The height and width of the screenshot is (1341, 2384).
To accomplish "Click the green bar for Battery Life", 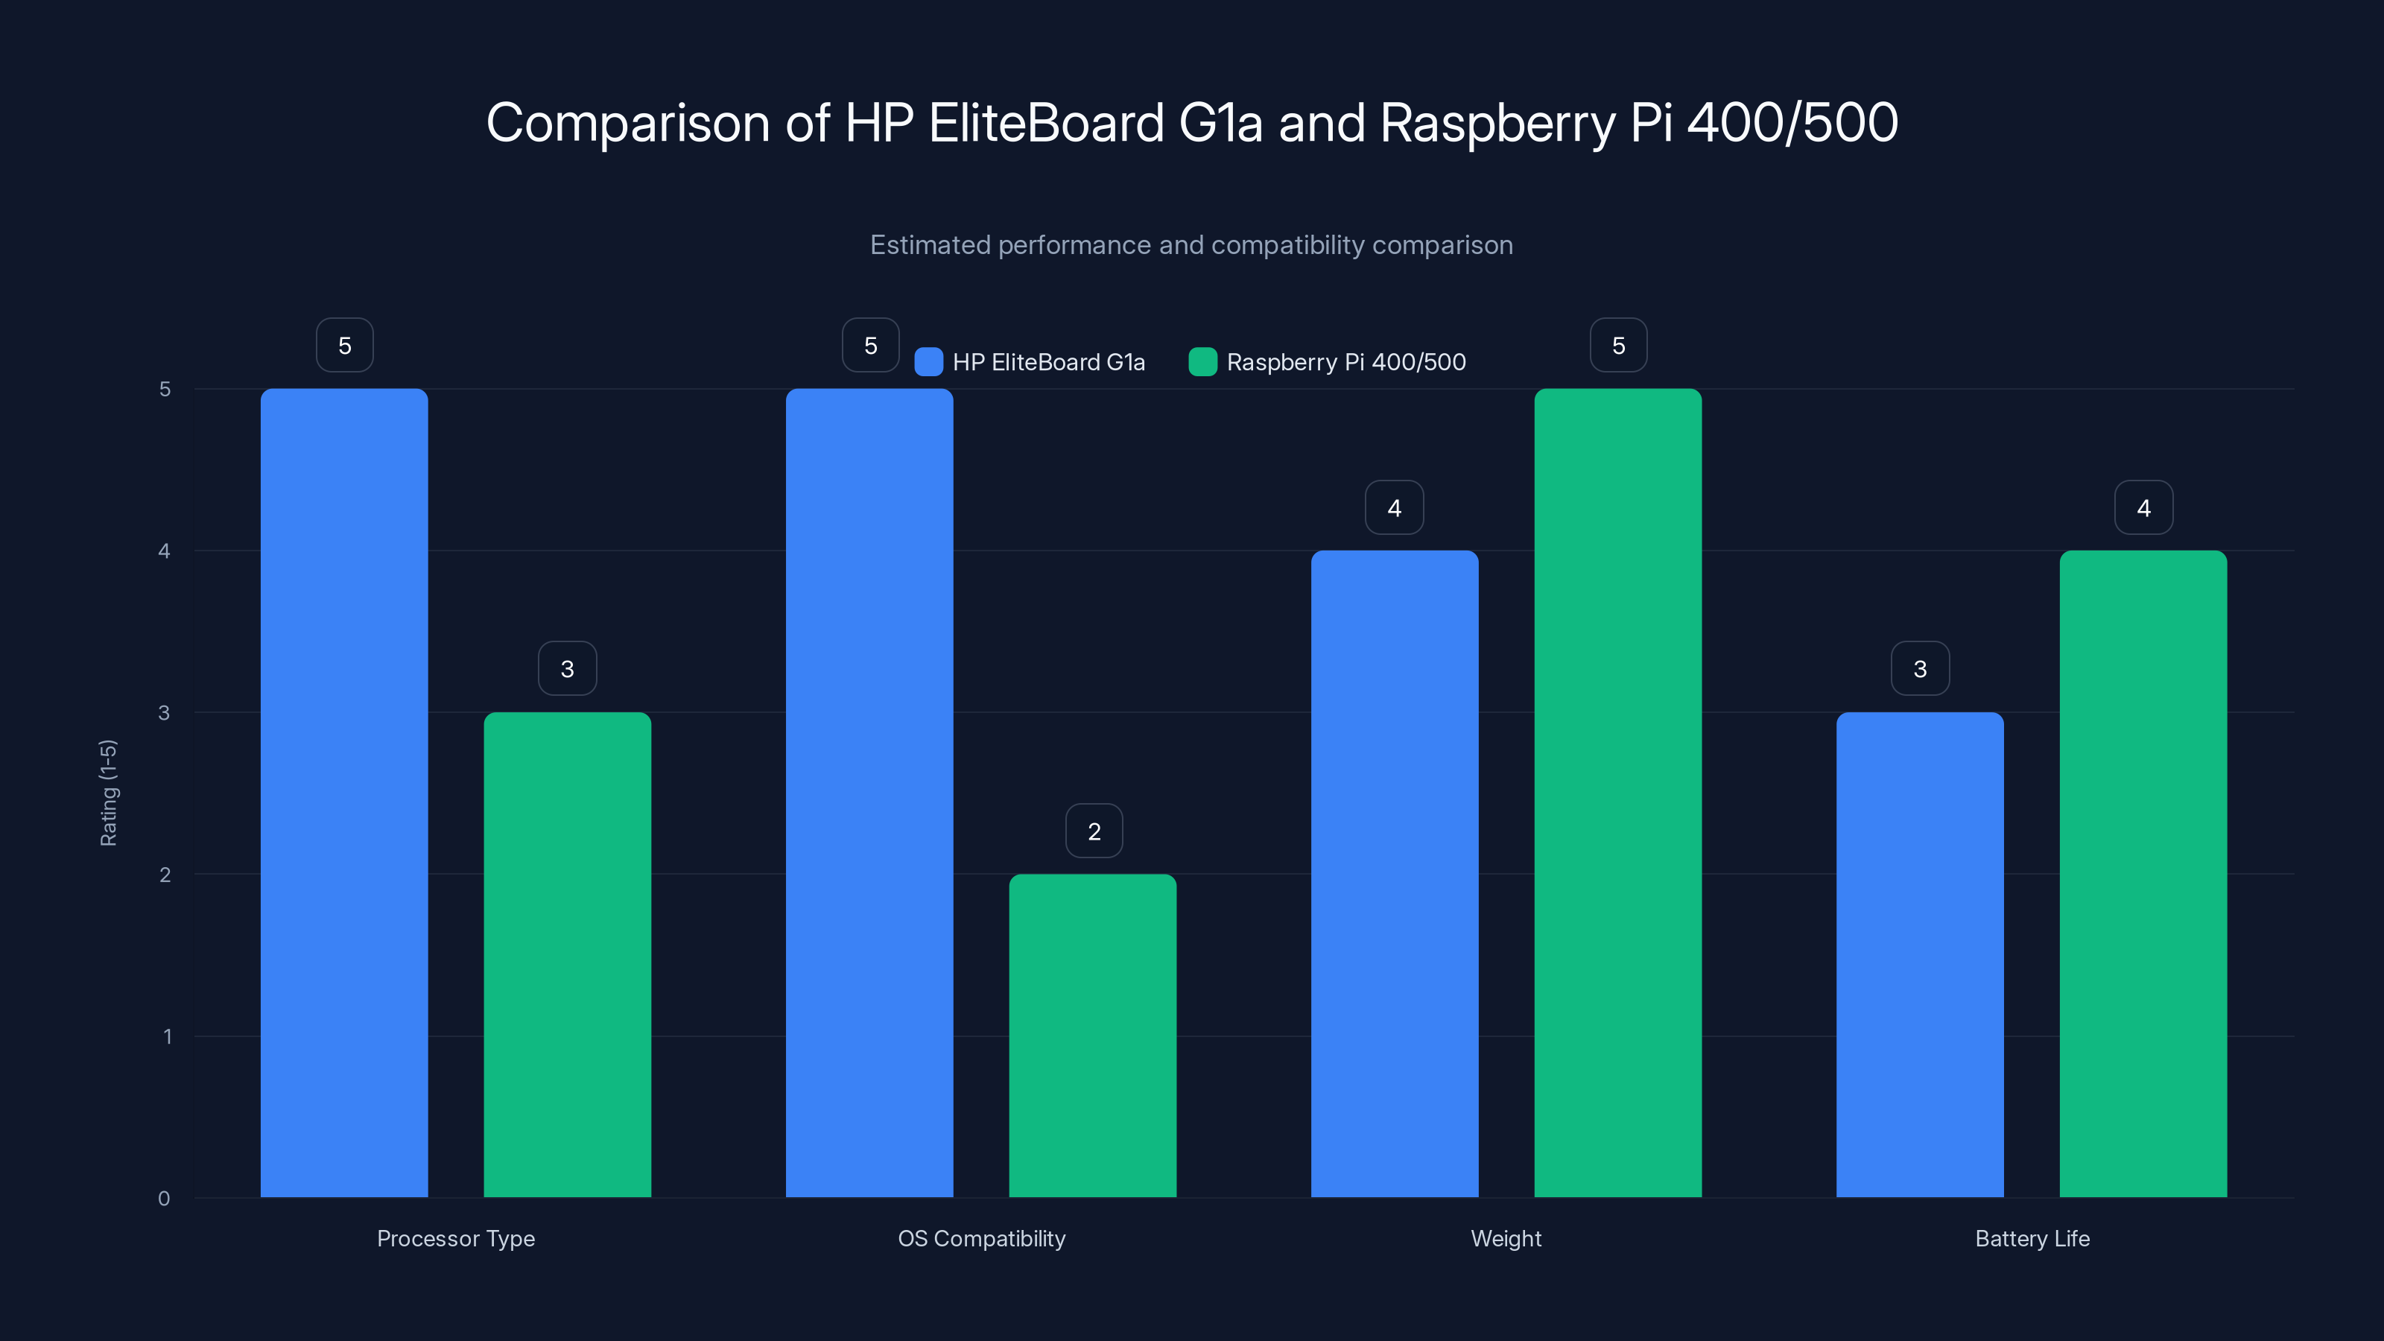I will [2143, 874].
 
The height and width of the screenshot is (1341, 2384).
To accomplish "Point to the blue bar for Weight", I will [1394, 874].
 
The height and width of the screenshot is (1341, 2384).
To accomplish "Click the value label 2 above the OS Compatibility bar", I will [1094, 831].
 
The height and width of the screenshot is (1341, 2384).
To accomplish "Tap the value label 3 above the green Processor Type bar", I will [567, 668].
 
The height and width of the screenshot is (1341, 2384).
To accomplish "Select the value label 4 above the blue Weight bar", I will [1394, 507].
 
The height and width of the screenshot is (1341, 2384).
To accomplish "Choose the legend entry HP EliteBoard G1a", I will [1047, 362].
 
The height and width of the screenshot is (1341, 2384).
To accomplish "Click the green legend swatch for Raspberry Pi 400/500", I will [1202, 362].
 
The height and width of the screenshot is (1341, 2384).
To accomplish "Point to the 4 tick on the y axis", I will [165, 551].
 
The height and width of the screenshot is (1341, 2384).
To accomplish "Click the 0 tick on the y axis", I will [165, 1199].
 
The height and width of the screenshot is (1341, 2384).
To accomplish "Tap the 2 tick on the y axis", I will [165, 875].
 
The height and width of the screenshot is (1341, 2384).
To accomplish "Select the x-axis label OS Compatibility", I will [981, 1238].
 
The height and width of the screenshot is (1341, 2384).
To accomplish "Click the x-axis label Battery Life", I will [2032, 1238].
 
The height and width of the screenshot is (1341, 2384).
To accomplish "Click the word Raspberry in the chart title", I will [1497, 123].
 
